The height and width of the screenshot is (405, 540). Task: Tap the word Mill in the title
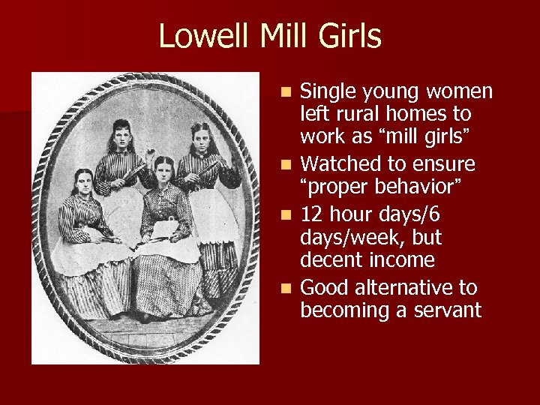point(273,36)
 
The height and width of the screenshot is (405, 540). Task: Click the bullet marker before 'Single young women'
point(289,92)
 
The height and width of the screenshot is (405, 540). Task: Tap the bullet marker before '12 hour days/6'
point(289,215)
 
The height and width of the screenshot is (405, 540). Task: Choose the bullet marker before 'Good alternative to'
point(289,288)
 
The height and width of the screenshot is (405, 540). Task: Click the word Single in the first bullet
point(328,91)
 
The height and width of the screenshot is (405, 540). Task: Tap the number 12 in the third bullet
point(311,214)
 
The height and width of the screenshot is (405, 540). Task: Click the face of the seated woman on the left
point(82,182)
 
